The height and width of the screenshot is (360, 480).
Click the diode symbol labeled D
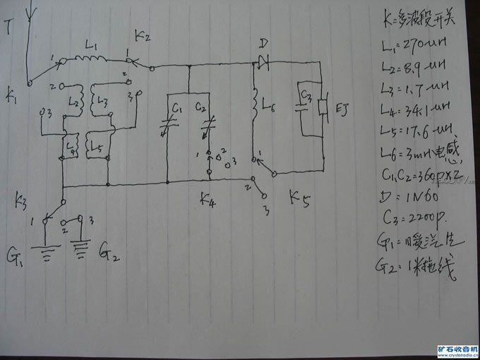point(263,64)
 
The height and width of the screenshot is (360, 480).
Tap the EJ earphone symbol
point(323,107)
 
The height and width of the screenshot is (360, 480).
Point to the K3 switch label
point(22,203)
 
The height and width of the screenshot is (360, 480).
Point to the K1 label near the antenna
point(12,92)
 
